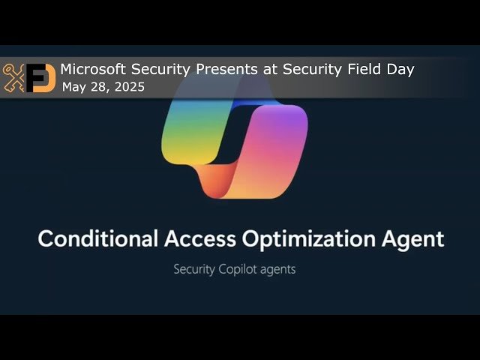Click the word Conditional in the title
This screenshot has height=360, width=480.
(98, 239)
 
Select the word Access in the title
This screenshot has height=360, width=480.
(202, 239)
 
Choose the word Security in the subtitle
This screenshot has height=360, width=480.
(199, 268)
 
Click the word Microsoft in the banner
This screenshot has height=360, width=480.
(94, 70)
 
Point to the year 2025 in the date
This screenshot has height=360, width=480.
(128, 88)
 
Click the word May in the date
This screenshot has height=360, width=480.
(73, 88)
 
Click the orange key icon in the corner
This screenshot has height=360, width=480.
(13, 78)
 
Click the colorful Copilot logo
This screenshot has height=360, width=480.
(235, 142)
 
